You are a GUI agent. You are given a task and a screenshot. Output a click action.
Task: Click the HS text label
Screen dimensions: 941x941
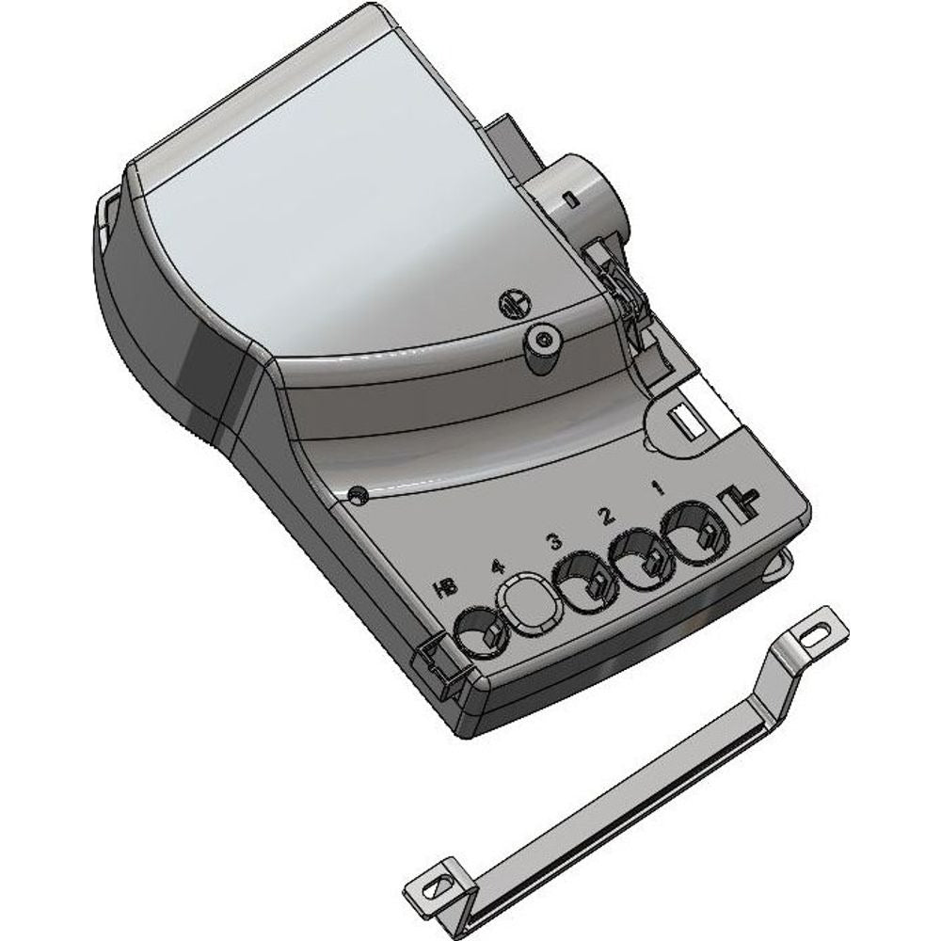pos(444,589)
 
